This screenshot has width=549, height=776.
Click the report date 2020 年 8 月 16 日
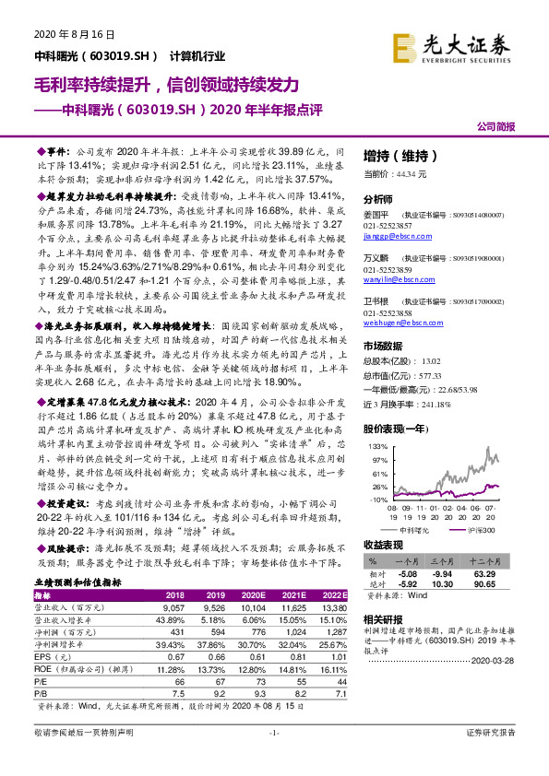(x=75, y=34)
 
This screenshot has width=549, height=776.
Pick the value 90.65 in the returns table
(x=497, y=582)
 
